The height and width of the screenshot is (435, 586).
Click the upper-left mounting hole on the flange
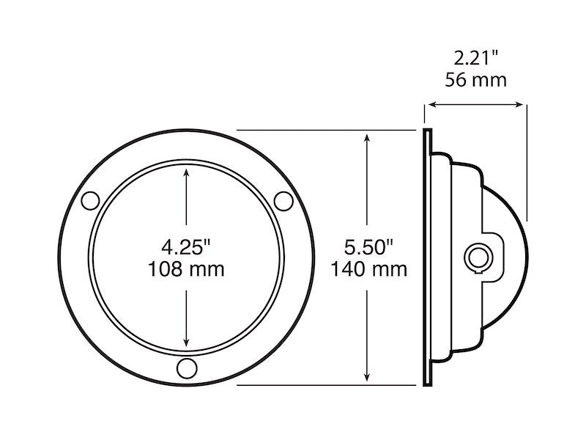(90, 200)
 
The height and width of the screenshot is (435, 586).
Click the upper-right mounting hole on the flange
(283, 200)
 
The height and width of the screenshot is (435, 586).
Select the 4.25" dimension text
(187, 244)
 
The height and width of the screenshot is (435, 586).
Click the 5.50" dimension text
(368, 246)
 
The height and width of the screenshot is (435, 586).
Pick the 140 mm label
(368, 269)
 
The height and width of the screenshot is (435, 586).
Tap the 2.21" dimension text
(475, 56)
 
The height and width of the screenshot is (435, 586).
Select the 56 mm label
(475, 79)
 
